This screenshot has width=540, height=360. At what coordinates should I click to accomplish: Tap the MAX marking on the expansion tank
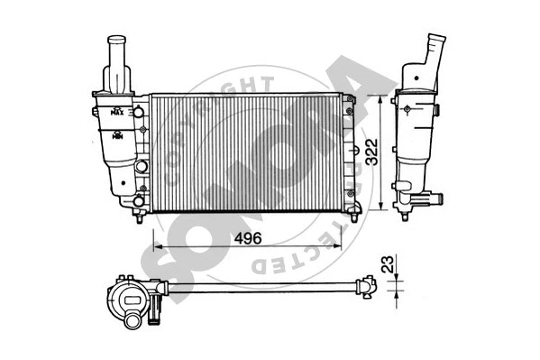[x=116, y=114]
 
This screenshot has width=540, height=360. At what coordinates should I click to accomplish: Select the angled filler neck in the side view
[x=435, y=49]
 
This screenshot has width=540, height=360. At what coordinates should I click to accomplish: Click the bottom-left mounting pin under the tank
[x=139, y=217]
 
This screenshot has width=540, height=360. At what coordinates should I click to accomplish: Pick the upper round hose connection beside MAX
[x=139, y=113]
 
